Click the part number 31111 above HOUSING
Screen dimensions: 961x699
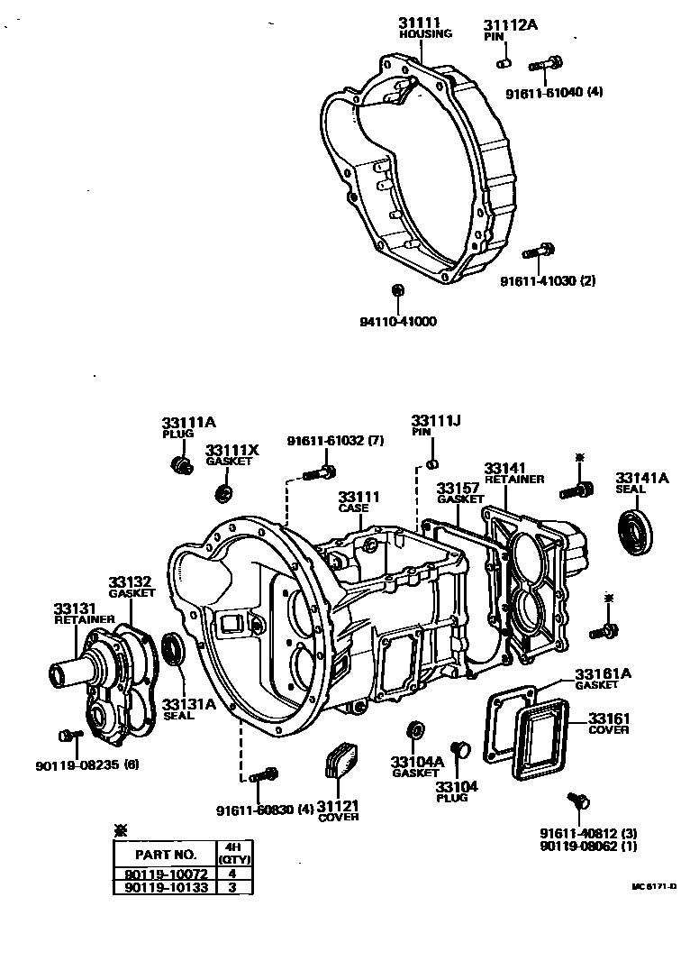421,21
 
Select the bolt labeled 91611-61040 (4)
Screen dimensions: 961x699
546,63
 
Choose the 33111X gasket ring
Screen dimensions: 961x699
222,493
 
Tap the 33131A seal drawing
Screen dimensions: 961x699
174,650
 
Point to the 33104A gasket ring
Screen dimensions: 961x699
415,728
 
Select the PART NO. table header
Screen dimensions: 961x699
165,853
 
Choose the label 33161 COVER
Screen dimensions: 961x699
609,723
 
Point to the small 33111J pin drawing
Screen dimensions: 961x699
431,464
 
